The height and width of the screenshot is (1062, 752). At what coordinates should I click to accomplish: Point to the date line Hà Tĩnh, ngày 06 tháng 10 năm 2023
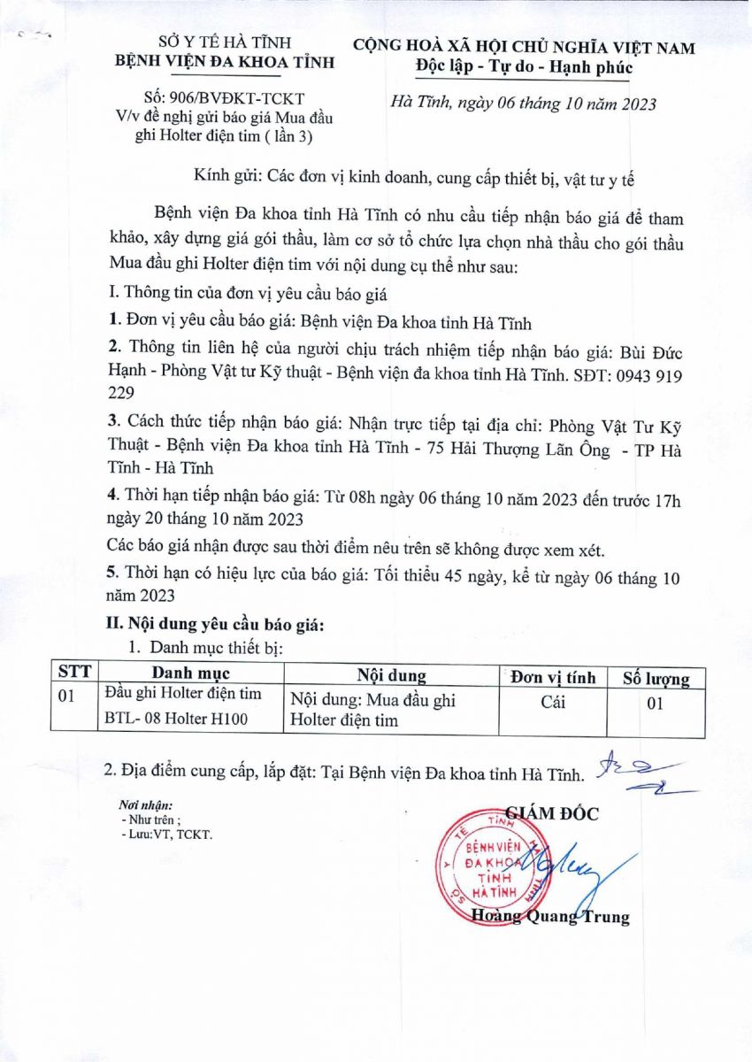click(524, 104)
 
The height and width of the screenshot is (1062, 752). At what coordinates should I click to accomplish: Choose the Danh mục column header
click(190, 676)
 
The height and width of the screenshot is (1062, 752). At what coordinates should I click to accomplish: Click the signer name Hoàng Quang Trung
click(550, 917)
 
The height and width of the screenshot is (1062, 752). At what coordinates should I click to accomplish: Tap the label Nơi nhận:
click(145, 805)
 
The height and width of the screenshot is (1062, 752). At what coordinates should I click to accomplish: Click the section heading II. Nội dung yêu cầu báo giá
click(214, 626)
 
